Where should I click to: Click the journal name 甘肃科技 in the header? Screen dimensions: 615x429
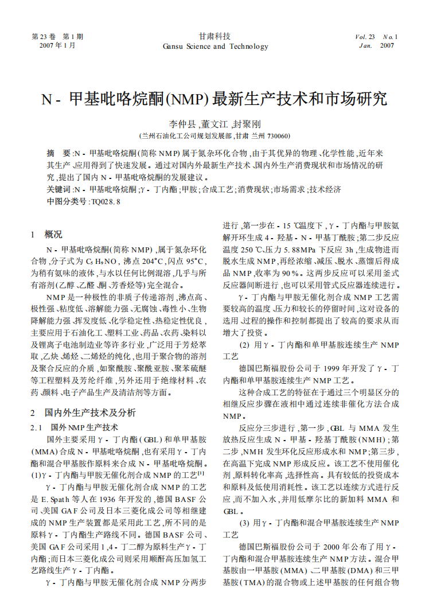click(x=214, y=36)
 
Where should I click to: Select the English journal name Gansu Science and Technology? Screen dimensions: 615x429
click(x=214, y=46)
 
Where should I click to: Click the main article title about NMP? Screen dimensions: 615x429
click(x=214, y=99)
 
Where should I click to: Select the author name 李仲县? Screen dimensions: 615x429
click(x=182, y=124)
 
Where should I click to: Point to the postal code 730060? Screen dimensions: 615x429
click(x=278, y=136)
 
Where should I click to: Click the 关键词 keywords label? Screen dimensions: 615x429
click(x=58, y=189)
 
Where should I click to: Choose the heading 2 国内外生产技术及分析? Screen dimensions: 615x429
click(x=83, y=412)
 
